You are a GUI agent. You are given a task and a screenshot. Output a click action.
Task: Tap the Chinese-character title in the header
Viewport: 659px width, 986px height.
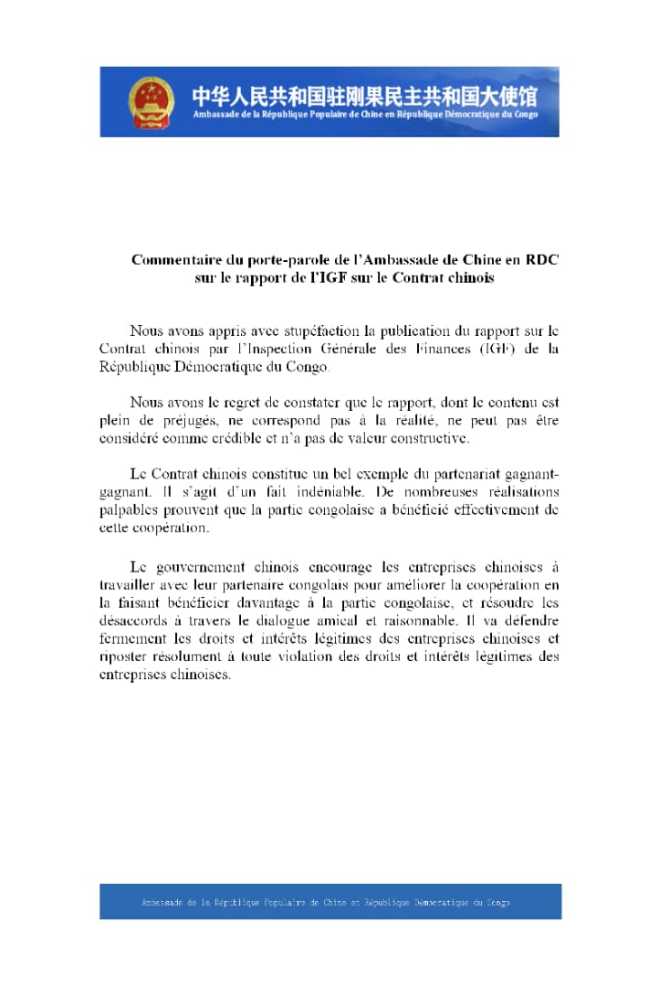364,95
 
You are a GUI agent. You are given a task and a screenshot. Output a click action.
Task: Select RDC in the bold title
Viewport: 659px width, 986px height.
541,259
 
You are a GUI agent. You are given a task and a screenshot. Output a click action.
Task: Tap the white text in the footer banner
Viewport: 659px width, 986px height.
326,902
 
